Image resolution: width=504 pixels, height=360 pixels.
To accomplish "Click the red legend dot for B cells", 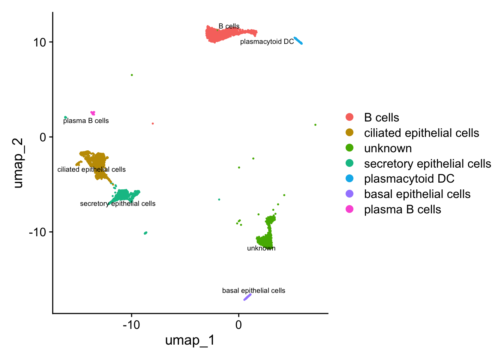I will (x=349, y=117).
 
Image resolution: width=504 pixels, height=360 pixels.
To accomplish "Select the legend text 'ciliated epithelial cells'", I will (x=421, y=133).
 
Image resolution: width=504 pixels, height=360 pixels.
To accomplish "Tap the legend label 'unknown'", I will (x=388, y=148).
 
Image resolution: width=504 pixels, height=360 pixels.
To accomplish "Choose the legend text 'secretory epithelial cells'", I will (x=427, y=163).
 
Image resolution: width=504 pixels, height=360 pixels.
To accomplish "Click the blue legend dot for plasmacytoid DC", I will (x=349, y=178).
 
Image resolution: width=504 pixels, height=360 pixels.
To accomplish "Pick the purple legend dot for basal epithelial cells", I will (x=349, y=194).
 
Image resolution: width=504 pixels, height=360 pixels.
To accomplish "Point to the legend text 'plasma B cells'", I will (x=402, y=209).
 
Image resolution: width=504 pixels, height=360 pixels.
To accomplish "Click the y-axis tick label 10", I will (x=39, y=42).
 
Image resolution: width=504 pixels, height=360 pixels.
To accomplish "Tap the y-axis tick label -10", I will (x=37, y=232).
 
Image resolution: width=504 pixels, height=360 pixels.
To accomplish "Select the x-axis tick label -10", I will (x=131, y=325).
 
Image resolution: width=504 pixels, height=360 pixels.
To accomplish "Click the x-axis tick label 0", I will (x=238, y=325).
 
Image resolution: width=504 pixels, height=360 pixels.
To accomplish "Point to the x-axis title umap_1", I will (x=190, y=340).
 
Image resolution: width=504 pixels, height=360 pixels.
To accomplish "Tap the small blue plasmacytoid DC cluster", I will (x=298, y=40).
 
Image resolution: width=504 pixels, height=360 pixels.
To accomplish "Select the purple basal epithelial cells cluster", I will (x=247, y=297).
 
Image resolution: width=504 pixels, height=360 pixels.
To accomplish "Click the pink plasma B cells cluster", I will (x=93, y=113).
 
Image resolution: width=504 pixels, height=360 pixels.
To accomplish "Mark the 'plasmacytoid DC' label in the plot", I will (x=267, y=42).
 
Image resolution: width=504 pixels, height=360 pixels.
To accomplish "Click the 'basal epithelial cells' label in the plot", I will (x=253, y=291).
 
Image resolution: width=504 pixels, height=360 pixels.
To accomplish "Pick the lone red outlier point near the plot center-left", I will (x=153, y=123).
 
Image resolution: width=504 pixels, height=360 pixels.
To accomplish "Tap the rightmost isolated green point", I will (x=315, y=125).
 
